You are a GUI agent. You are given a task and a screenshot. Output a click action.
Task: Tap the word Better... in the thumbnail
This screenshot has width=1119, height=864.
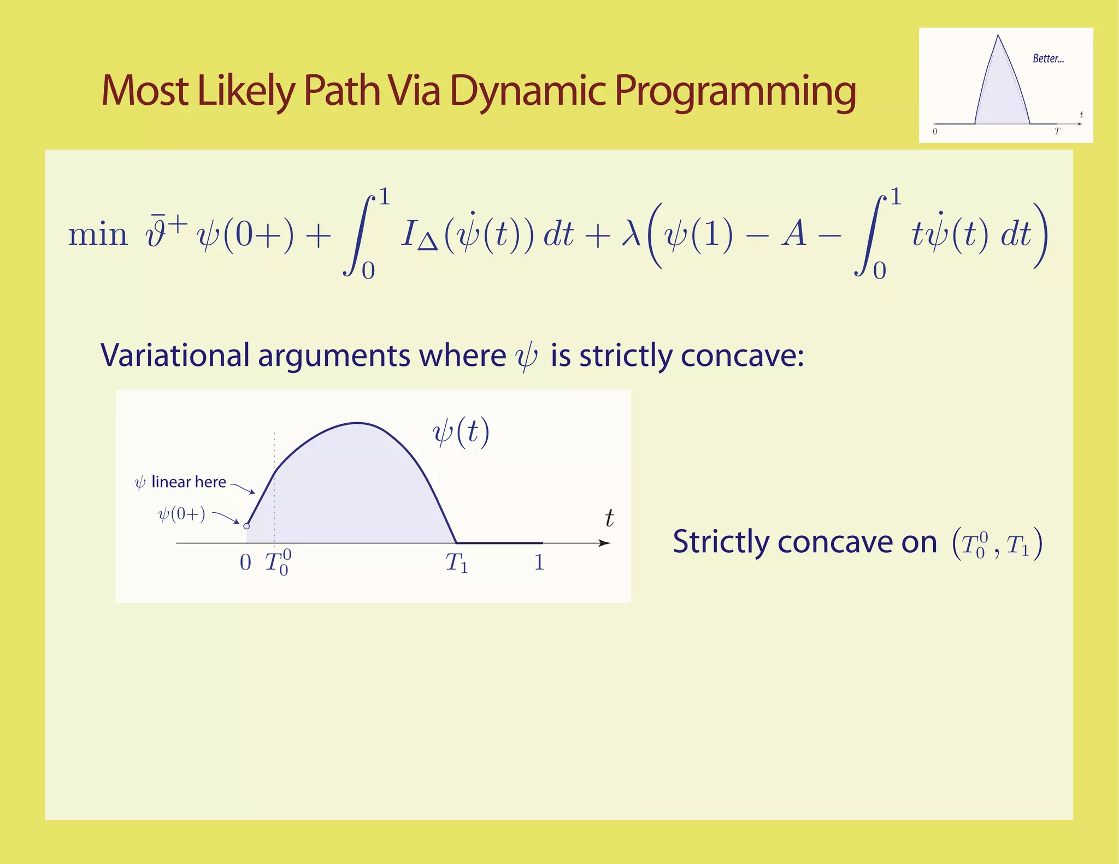[1048, 59]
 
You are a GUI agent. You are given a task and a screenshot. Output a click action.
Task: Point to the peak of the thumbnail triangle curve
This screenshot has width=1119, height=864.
[998, 36]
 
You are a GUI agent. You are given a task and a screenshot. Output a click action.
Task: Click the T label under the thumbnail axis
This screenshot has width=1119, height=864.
[1057, 132]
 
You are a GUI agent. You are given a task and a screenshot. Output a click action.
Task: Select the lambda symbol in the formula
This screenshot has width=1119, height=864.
[631, 235]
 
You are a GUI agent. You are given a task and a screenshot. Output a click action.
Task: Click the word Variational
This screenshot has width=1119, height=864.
[175, 356]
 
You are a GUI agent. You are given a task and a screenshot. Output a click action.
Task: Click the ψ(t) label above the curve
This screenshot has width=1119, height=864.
[461, 433]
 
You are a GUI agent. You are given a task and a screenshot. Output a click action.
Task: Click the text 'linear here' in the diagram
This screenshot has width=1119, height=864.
[189, 482]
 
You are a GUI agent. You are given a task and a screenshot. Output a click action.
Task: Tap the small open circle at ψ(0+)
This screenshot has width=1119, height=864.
[246, 526]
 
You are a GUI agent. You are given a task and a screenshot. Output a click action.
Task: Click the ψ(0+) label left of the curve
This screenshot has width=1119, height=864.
[181, 514]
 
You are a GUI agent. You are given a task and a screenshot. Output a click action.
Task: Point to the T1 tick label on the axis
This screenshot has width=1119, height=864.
[456, 563]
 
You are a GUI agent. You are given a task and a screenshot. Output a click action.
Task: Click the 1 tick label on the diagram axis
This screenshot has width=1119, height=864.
[539, 562]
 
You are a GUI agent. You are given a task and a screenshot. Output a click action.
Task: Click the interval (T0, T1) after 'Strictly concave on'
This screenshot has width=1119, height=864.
[997, 544]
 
